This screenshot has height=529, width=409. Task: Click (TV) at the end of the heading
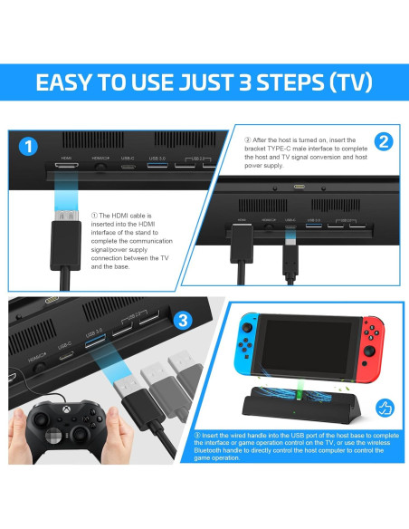pos(348,83)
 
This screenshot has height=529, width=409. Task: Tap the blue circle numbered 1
pos(28,147)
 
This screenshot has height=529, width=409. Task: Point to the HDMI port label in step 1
pos(65,156)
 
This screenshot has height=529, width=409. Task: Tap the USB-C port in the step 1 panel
pos(128,164)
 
